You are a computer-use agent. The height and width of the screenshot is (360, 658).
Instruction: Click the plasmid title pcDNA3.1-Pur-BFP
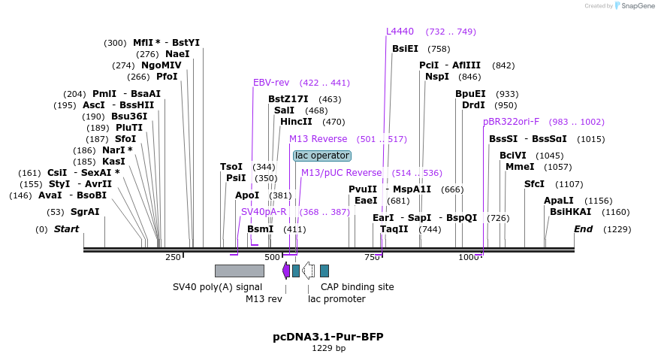pos(327,337)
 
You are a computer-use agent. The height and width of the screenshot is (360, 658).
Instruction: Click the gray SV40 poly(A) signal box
pos(239,271)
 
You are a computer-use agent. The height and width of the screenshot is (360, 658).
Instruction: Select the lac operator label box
pos(321,156)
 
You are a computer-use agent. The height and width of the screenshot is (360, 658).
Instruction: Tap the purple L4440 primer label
pos(400,32)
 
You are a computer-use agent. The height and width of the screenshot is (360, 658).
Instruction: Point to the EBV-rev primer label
pos(271,83)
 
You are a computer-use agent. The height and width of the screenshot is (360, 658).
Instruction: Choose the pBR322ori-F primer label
pos(511,122)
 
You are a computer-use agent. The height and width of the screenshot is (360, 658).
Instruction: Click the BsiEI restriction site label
pos(405,49)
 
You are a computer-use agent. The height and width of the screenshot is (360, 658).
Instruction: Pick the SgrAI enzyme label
pos(85,212)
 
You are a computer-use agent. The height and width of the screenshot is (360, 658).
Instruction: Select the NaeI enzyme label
pos(178,54)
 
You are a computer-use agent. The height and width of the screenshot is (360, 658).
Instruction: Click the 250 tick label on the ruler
pos(173,258)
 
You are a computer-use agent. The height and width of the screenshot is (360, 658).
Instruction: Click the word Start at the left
pos(66,229)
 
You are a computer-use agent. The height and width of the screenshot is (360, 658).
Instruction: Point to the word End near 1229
pos(583,229)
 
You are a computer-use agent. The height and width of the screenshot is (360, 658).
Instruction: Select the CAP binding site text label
pos(357,286)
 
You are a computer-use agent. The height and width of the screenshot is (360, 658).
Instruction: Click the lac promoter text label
pos(337,298)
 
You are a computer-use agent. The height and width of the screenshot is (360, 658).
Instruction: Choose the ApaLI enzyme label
pos(558,201)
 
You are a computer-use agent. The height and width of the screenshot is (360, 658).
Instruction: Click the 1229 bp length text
pos(328,348)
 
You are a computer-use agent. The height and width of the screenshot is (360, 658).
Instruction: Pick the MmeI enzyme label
pos(520,167)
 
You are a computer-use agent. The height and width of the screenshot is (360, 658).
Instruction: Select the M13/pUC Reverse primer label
pos(341,173)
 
